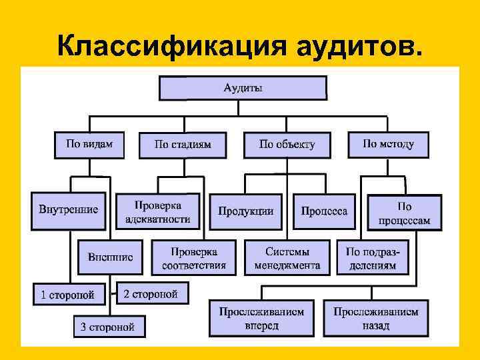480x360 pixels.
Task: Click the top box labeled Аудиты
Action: (x=243, y=88)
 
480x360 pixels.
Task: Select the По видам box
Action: (x=89, y=144)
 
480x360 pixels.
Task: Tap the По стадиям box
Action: (x=183, y=145)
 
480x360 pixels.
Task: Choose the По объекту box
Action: (x=287, y=145)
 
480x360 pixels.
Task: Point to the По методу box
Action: (x=388, y=144)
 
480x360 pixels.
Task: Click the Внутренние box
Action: (x=69, y=211)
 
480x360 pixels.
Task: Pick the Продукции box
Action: (x=246, y=211)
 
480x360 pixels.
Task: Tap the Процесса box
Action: (x=324, y=211)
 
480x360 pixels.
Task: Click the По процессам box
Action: (x=405, y=213)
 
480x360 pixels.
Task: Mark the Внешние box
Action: (x=110, y=256)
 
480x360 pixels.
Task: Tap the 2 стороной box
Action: (x=152, y=293)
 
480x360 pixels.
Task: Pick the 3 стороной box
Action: (x=109, y=326)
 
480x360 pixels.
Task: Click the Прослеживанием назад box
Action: (x=376, y=318)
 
